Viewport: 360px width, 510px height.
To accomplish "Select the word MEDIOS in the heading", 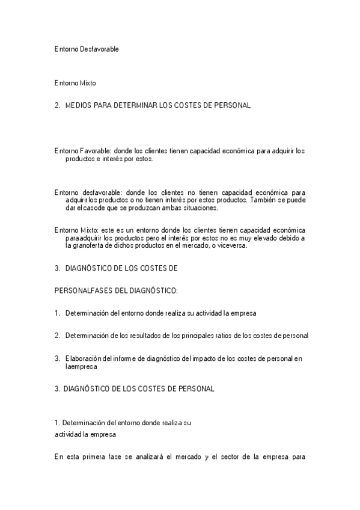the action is [79, 105].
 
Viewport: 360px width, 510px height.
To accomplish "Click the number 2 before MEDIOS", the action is [56, 105].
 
